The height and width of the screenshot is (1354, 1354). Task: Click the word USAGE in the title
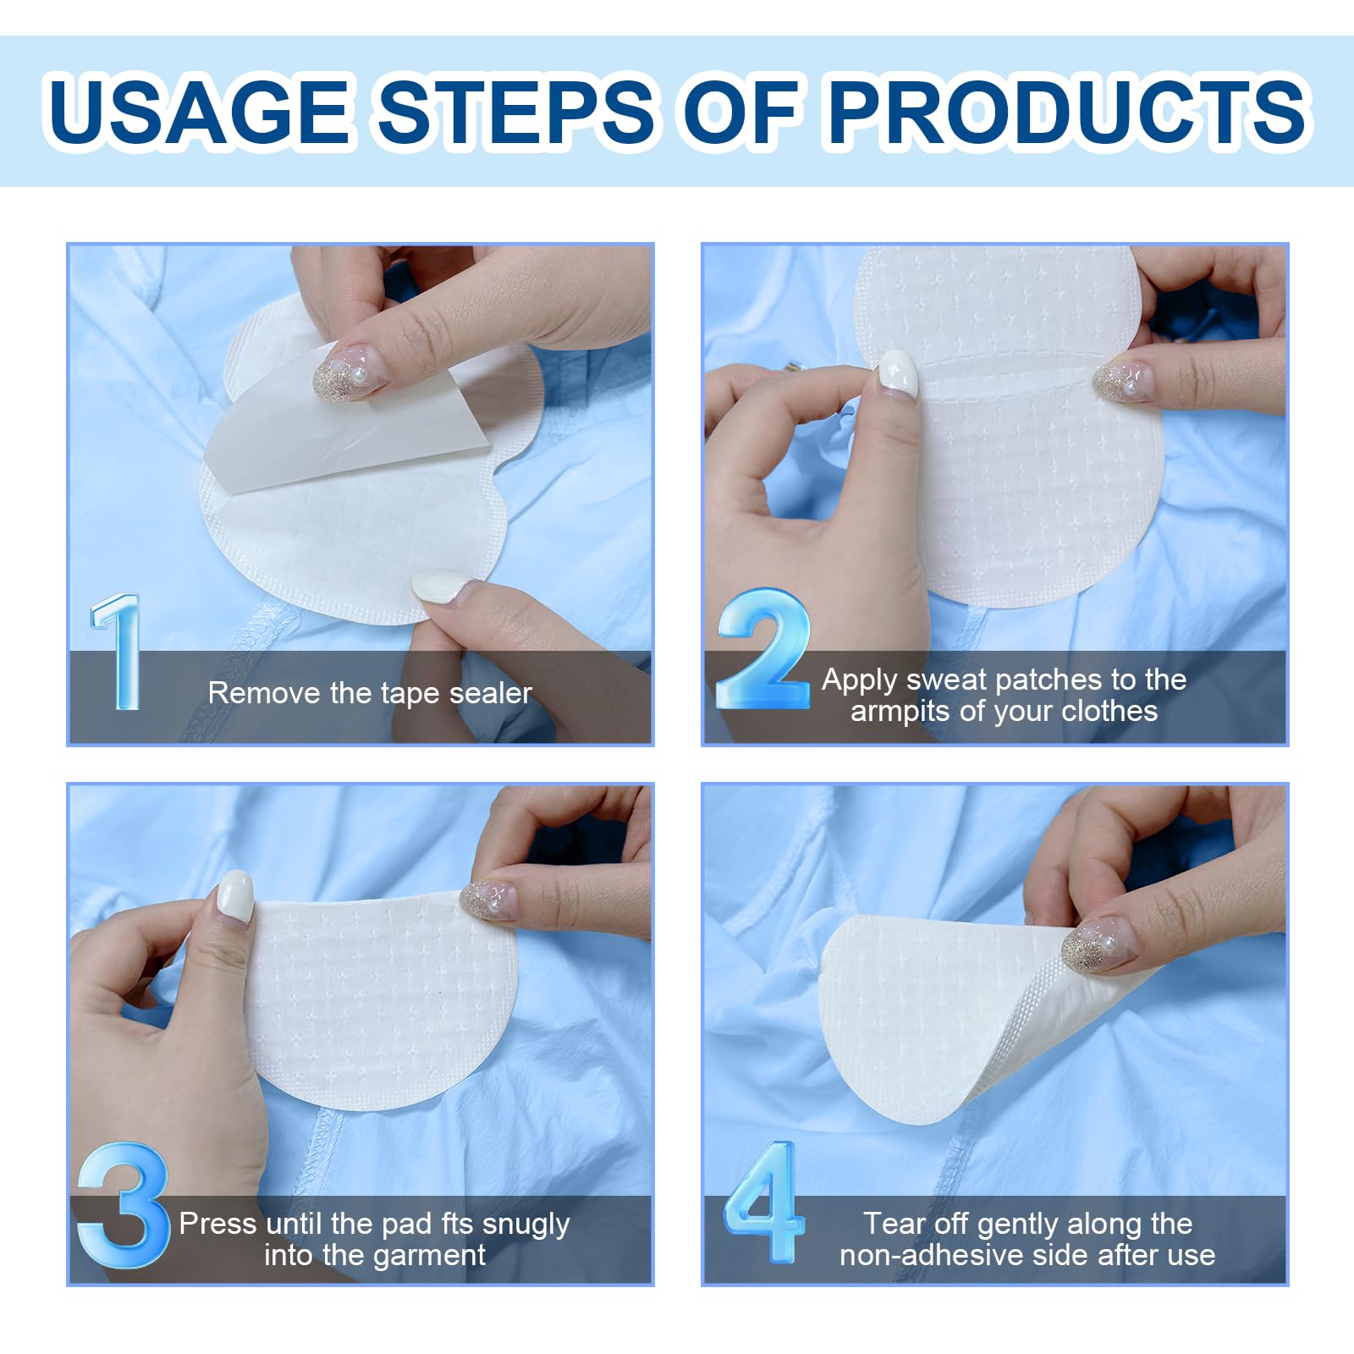[200, 111]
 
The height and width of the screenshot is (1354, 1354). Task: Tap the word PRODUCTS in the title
[1068, 111]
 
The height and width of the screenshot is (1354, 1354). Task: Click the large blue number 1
[118, 651]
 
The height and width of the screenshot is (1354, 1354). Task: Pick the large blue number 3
[123, 1205]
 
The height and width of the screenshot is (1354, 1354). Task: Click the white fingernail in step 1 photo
[442, 585]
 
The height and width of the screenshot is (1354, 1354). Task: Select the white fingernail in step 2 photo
[898, 374]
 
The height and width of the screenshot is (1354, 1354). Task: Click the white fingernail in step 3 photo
[235, 896]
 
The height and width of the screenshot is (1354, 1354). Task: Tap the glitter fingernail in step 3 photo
[490, 900]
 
